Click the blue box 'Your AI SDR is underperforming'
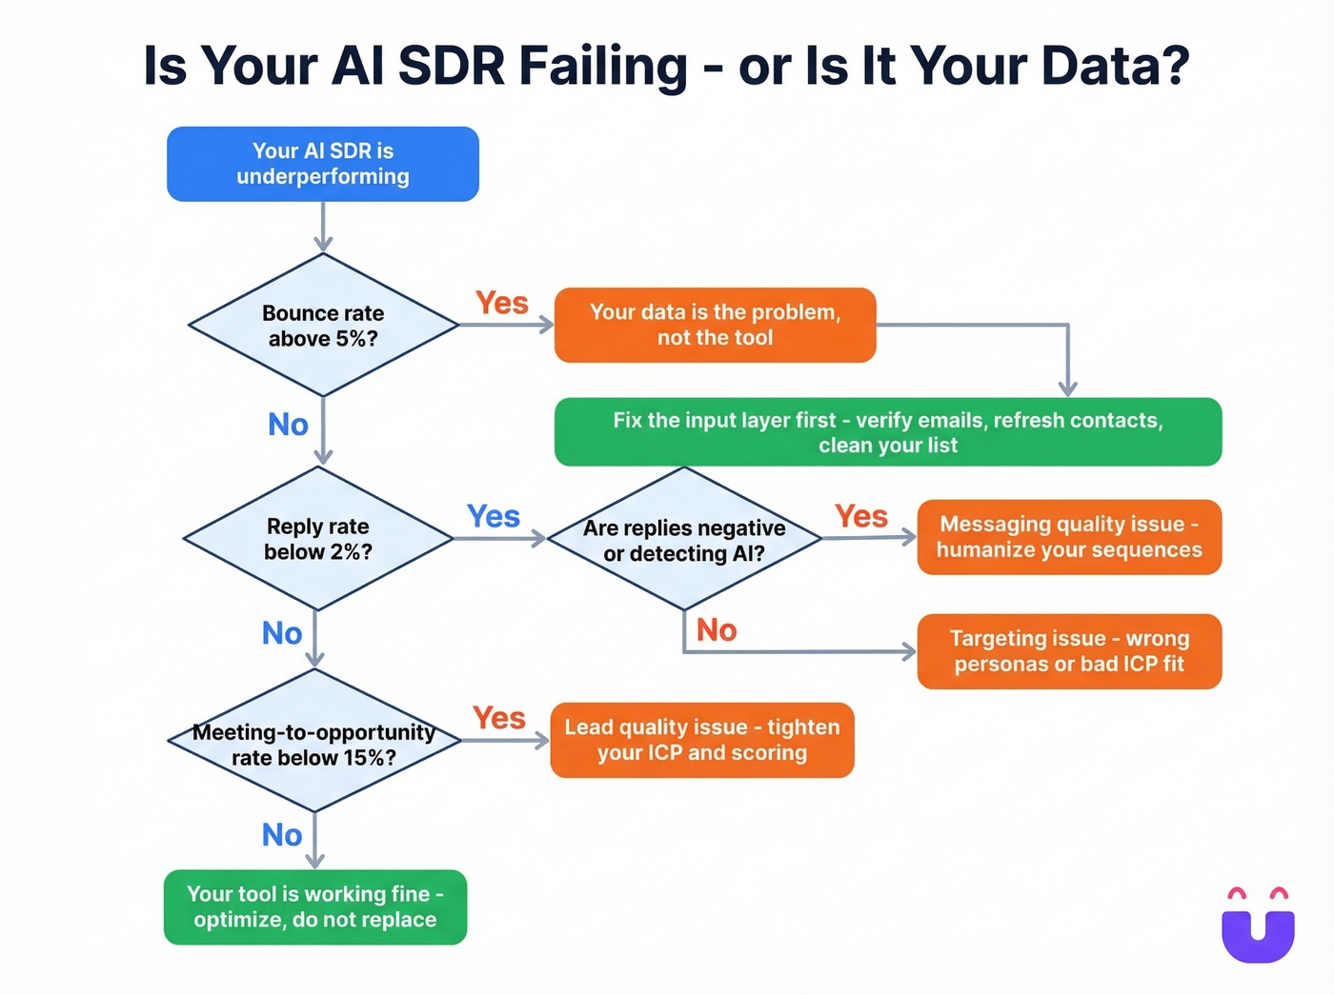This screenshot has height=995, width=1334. pyautogui.click(x=322, y=164)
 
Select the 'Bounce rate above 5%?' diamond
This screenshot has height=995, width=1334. pyautogui.click(x=323, y=326)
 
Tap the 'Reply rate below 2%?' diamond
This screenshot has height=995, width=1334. pyautogui.click(x=317, y=539)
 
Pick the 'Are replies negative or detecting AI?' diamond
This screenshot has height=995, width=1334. pyautogui.click(x=684, y=540)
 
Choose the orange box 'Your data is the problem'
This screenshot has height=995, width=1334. pyautogui.click(x=715, y=325)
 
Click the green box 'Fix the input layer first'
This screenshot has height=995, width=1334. pyautogui.click(x=887, y=432)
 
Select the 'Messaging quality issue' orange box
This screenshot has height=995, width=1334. pyautogui.click(x=1068, y=537)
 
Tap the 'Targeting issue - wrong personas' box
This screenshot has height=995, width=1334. pyautogui.click(x=1068, y=651)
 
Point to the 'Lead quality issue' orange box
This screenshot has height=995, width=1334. pyautogui.click(x=702, y=740)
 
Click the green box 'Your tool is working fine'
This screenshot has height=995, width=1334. pyautogui.click(x=315, y=906)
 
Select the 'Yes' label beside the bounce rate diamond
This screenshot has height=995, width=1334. pyautogui.click(x=502, y=303)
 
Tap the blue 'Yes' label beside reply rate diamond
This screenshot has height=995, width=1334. pyautogui.click(x=493, y=516)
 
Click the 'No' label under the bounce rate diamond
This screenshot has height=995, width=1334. pyautogui.click(x=288, y=425)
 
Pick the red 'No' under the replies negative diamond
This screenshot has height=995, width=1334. pyautogui.click(x=717, y=630)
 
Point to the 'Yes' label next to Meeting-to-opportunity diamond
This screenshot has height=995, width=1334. pyautogui.click(x=499, y=718)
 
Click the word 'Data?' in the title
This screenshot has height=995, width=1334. pyautogui.click(x=1115, y=66)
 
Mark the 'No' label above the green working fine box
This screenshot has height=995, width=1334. pyautogui.click(x=282, y=835)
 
